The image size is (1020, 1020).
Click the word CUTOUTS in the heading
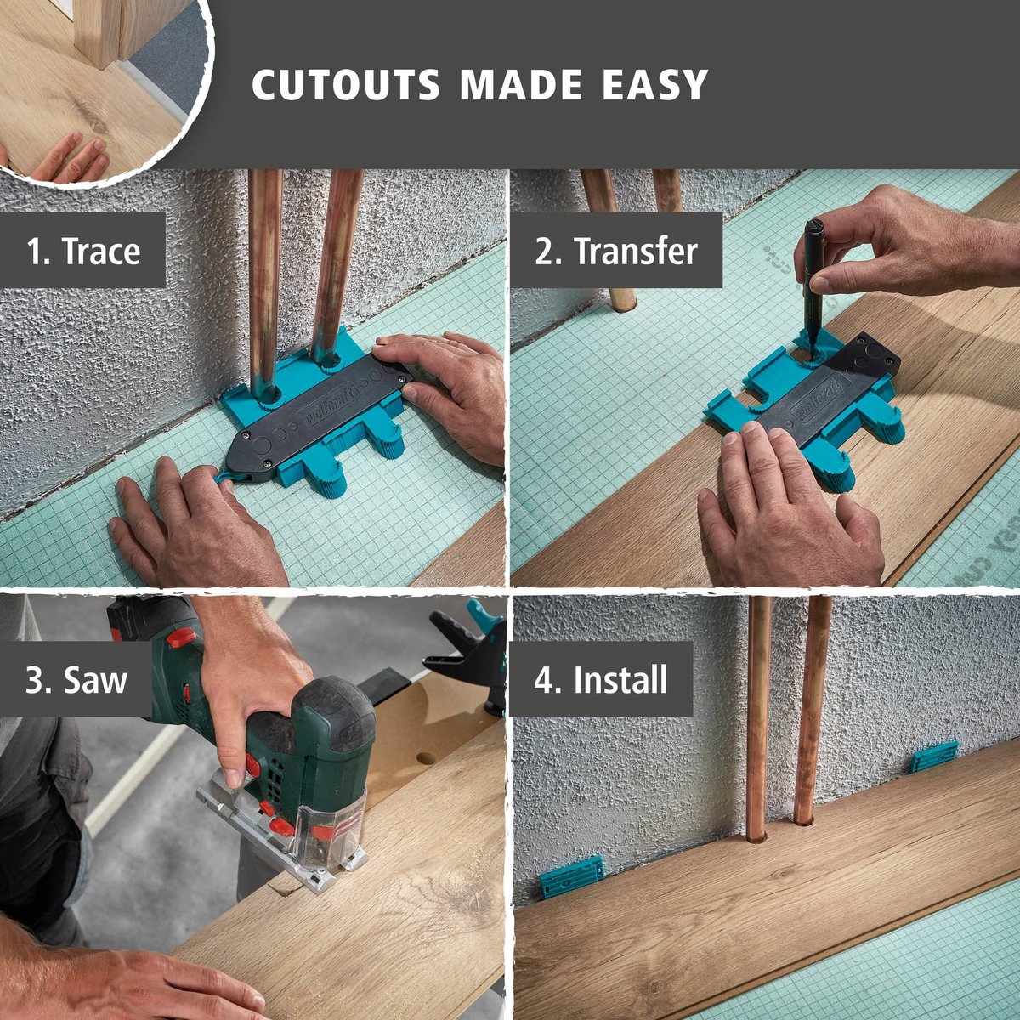click(x=346, y=85)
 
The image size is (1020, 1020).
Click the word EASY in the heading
click(x=655, y=85)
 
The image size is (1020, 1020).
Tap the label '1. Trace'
click(x=83, y=251)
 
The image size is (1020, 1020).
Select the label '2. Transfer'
click(x=616, y=251)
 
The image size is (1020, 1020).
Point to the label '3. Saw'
click(x=76, y=679)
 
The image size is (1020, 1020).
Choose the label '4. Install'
click(x=601, y=679)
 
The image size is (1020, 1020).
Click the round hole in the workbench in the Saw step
click(x=425, y=757)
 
